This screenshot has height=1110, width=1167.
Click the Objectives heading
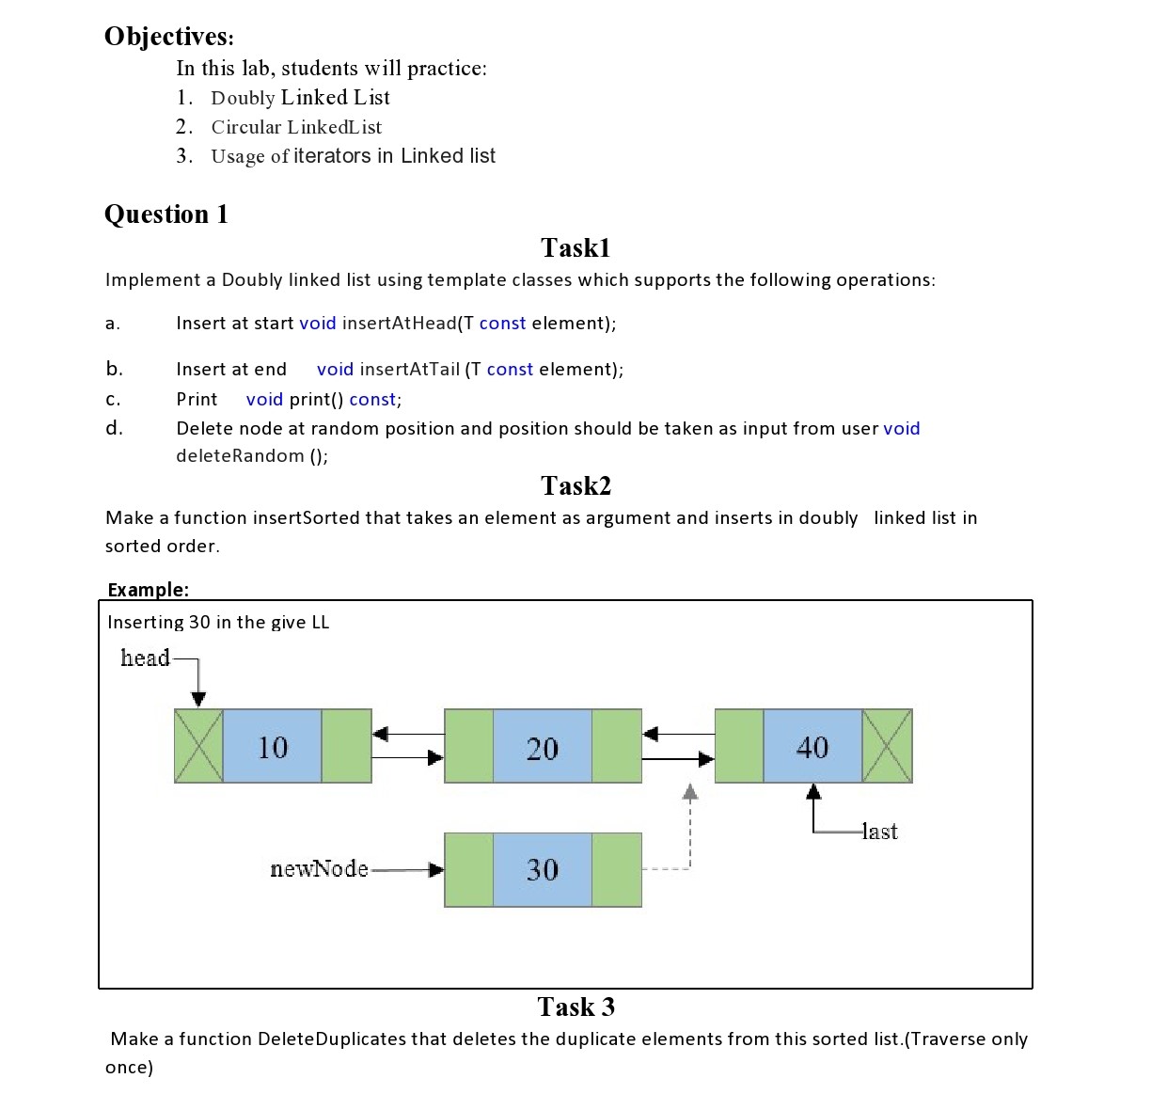(x=168, y=37)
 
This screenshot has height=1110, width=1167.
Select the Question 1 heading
(x=166, y=214)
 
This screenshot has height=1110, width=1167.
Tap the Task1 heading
(x=576, y=248)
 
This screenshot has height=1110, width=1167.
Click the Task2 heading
(x=576, y=486)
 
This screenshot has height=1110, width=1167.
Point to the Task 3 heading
(x=576, y=1007)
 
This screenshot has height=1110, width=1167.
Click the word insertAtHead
(x=399, y=324)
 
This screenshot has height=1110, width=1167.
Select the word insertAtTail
(x=410, y=370)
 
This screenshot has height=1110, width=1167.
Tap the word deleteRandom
(x=240, y=456)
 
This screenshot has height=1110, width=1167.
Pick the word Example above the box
(x=147, y=590)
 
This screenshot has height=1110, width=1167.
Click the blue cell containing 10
(x=273, y=747)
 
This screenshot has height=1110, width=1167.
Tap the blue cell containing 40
(x=812, y=747)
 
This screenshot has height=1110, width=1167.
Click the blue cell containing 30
(x=543, y=870)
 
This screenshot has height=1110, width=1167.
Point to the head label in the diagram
(x=145, y=658)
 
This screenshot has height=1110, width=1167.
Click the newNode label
(x=319, y=869)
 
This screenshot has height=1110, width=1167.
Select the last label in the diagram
(x=880, y=832)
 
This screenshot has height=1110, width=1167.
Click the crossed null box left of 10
(x=198, y=747)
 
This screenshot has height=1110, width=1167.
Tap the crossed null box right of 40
(x=887, y=747)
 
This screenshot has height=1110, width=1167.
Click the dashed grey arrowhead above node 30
(x=690, y=792)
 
